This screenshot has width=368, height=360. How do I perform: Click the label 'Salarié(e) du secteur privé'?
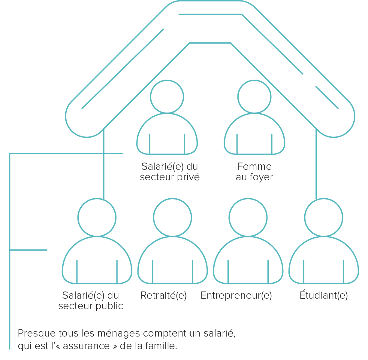click(170, 172)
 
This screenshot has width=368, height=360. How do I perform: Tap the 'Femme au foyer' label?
click(254, 172)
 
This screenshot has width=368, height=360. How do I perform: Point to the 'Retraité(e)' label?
click(163, 296)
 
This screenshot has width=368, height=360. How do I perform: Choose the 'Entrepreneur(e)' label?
click(236, 296)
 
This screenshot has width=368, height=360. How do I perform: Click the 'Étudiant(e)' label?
click(324, 295)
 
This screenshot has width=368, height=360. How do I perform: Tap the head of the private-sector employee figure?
click(167, 97)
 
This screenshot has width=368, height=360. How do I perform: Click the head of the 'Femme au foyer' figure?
click(254, 97)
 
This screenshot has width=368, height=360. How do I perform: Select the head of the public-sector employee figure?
click(97, 218)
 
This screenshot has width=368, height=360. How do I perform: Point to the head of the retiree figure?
click(173, 218)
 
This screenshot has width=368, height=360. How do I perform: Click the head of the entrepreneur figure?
click(248, 218)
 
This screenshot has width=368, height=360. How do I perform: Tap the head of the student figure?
click(324, 218)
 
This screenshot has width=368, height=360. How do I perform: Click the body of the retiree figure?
click(173, 260)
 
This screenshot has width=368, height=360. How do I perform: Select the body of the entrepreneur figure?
click(248, 260)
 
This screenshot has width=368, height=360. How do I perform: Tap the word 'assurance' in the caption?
click(86, 346)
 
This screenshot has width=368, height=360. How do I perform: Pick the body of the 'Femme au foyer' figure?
click(254, 134)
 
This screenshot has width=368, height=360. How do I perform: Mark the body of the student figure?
click(324, 260)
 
